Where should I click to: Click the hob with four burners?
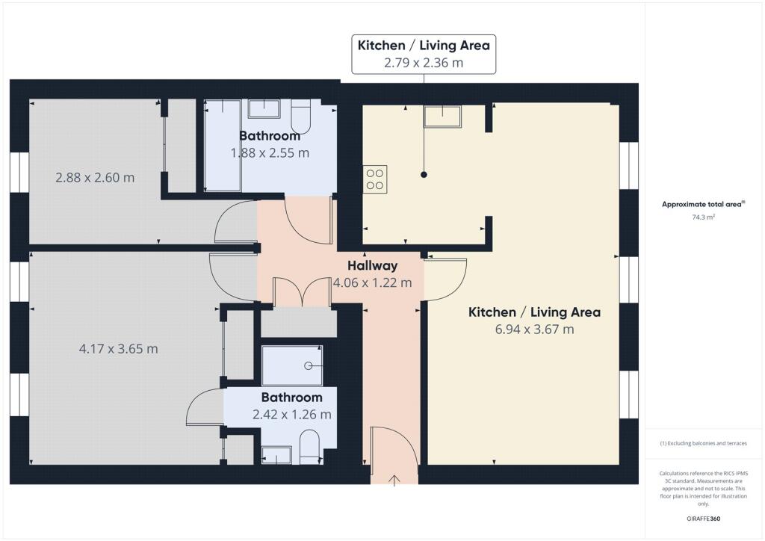pyautogui.click(x=375, y=179)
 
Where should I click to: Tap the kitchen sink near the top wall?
pyautogui.click(x=442, y=117)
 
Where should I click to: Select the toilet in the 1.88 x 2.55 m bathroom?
pyautogui.click(x=300, y=117)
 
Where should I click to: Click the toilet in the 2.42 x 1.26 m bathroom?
pyautogui.click(x=309, y=447)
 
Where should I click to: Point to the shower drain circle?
pyautogui.click(x=309, y=366)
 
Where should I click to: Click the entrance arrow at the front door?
pyautogui.click(x=394, y=480)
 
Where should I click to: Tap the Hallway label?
pyautogui.click(x=372, y=266)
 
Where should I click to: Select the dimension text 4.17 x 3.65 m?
pyautogui.click(x=119, y=349)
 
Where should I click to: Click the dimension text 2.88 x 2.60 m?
pyautogui.click(x=95, y=178)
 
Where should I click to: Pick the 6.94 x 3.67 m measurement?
pyautogui.click(x=534, y=330)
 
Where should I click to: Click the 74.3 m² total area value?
pyautogui.click(x=703, y=217)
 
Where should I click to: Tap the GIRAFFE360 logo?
pyautogui.click(x=703, y=519)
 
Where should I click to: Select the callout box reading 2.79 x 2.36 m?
pyautogui.click(x=424, y=54)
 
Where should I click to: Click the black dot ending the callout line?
pyautogui.click(x=424, y=175)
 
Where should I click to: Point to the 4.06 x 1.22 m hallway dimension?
pyautogui.click(x=372, y=282)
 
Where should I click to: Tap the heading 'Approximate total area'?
pyautogui.click(x=703, y=205)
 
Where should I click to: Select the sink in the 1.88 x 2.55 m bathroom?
pyautogui.click(x=264, y=109)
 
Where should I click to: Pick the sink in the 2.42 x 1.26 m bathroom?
pyautogui.click(x=276, y=456)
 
